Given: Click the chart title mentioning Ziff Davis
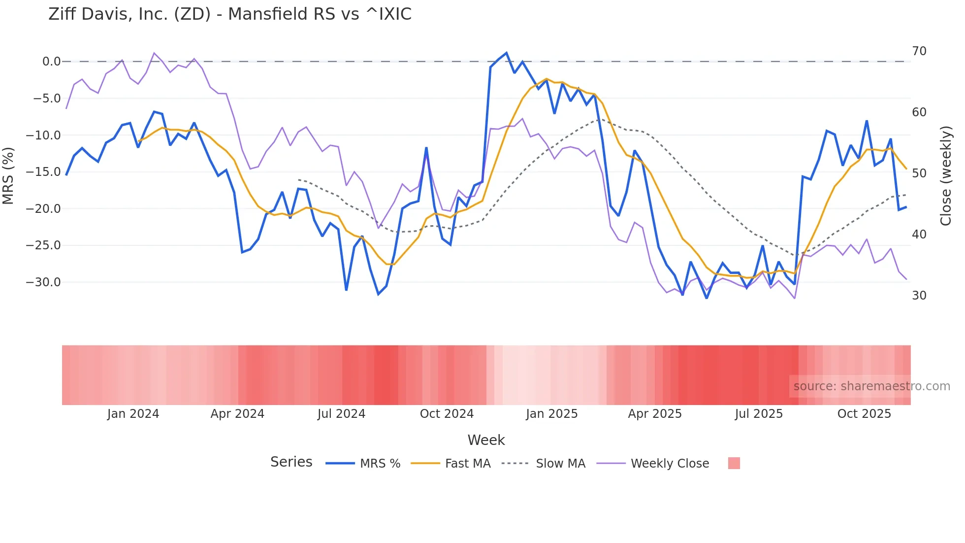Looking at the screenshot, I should (229, 14).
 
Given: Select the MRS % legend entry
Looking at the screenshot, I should (380, 464).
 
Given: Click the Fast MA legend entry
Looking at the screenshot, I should (467, 464).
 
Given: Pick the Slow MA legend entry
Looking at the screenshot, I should (560, 464).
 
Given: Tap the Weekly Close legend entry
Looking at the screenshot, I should (670, 464).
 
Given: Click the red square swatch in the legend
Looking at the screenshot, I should (734, 463).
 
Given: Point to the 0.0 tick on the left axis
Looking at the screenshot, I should (51, 62).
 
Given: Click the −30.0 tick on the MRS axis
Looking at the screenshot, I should (43, 282).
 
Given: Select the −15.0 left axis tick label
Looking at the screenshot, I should (43, 172).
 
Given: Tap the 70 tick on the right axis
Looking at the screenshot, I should (919, 51).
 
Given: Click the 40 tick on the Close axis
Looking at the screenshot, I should (919, 235).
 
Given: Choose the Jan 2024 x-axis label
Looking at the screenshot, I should (133, 414).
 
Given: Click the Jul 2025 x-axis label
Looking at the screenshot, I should (759, 414).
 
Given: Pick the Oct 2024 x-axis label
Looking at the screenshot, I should (447, 414).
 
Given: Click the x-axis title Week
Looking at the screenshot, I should (486, 440).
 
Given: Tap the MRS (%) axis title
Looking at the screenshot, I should (8, 175).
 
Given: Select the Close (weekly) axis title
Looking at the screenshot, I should (945, 176).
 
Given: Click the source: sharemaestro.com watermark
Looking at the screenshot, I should (871, 386).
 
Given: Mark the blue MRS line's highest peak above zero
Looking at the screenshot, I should (506, 53).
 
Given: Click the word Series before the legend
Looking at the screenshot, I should (291, 462).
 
